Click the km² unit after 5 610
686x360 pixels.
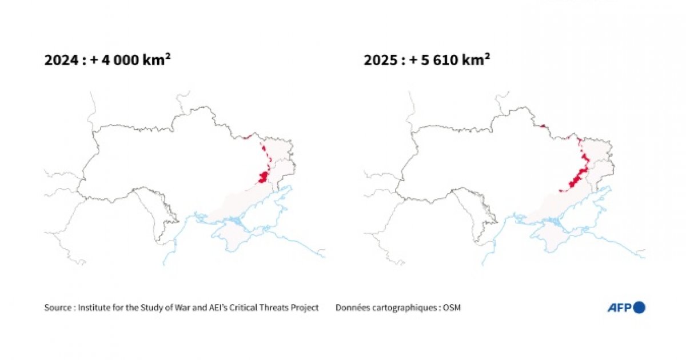point(476,60)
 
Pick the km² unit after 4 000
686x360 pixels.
point(157,60)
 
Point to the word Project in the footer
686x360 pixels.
point(305,308)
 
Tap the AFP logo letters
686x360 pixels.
point(619,308)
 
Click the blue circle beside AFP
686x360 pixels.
point(639,307)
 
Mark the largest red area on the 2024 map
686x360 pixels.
point(263,177)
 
